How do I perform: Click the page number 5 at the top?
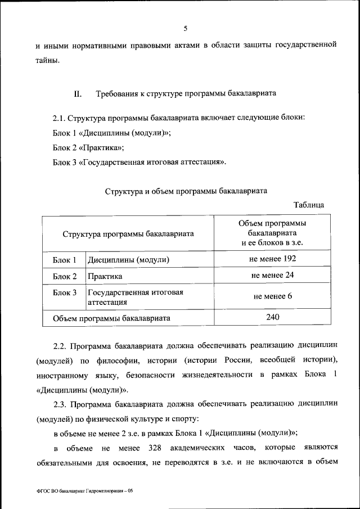tap(185, 29)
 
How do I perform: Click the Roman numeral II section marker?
tap(78, 94)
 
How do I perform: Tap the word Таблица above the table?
tap(308, 205)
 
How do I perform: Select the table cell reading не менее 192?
tap(272, 259)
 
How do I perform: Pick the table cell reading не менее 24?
tap(272, 276)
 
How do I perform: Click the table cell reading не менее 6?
tap(272, 297)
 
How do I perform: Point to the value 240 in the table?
tap(272, 317)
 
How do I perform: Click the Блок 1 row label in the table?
tap(65, 260)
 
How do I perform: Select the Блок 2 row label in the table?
tap(65, 277)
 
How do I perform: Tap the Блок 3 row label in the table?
tap(65, 293)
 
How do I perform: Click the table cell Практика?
tap(104, 277)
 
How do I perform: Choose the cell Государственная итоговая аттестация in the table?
tap(135, 298)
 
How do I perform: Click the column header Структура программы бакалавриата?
tap(128, 233)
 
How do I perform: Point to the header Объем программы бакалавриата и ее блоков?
tap(272, 233)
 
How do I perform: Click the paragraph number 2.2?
tap(60, 343)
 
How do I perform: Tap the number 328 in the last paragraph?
tap(156, 448)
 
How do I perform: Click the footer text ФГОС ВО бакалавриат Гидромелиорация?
tap(83, 490)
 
